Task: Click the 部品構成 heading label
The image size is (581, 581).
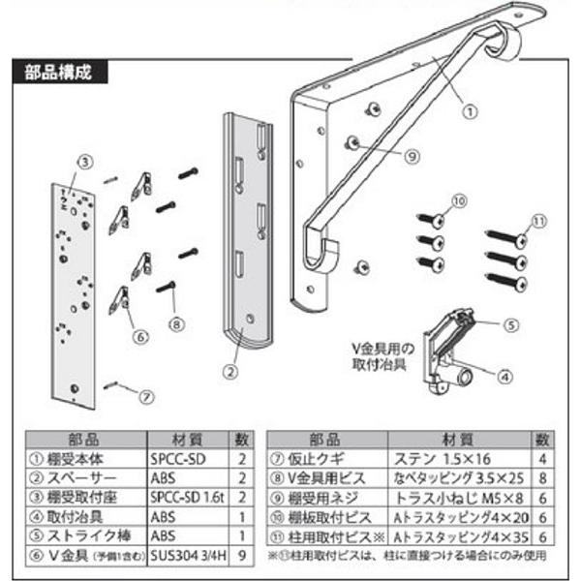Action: tap(59, 71)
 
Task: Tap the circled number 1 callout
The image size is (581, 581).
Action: tap(468, 110)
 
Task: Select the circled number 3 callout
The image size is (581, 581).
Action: tap(84, 161)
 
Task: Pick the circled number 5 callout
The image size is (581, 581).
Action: tap(139, 336)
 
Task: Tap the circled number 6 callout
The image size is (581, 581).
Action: tap(145, 394)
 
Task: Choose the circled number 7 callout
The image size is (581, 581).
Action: tap(175, 321)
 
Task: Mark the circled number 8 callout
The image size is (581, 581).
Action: tap(411, 154)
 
